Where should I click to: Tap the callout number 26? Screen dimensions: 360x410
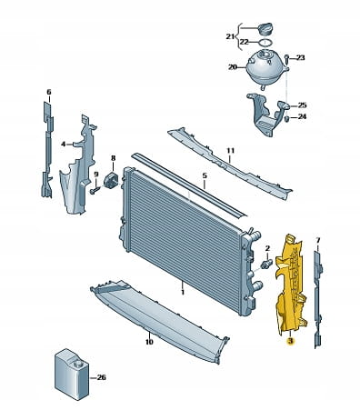(101, 377)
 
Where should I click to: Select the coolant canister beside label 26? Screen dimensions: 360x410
(72, 375)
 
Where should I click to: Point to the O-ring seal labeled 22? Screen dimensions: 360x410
(264, 42)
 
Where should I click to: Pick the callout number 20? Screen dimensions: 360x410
(233, 67)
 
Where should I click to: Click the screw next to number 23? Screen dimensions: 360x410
(286, 58)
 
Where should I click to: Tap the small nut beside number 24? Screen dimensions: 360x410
(287, 118)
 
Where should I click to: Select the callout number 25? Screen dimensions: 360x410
(302, 105)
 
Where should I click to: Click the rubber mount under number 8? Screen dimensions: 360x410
(112, 180)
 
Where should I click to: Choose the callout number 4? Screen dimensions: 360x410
(63, 145)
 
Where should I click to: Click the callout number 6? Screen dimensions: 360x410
(49, 92)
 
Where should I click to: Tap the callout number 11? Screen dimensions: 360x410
(230, 151)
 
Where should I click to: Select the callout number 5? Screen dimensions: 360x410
(205, 175)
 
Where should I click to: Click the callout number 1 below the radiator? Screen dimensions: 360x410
(183, 292)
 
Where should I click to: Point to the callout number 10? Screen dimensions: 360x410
(149, 342)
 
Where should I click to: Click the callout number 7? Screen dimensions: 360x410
(318, 240)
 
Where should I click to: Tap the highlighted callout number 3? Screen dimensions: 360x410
(290, 342)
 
